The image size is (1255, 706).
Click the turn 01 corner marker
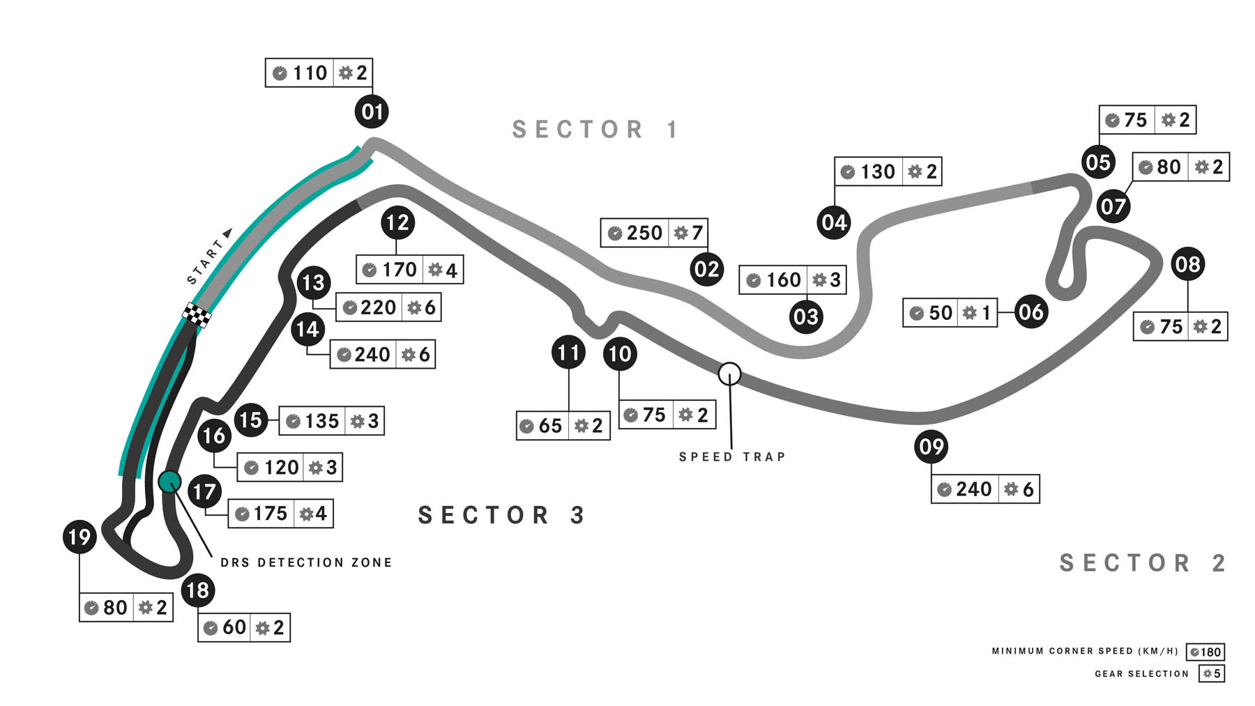(372, 112)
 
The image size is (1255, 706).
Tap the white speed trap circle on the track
(729, 374)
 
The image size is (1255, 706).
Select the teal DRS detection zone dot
(169, 481)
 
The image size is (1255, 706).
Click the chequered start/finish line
(197, 315)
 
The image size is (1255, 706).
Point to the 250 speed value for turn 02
(644, 233)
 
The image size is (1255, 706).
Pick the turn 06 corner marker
(1030, 312)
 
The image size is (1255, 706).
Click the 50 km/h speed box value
(940, 313)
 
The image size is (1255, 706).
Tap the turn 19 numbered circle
(79, 537)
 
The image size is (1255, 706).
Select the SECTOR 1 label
(595, 130)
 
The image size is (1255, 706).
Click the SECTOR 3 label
(501, 515)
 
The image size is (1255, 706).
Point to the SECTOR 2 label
(1142, 563)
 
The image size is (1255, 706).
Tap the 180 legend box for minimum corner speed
(1205, 652)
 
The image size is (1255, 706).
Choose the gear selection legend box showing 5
(1212, 674)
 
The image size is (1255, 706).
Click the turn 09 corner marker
(931, 446)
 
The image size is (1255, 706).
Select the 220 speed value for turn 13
(377, 307)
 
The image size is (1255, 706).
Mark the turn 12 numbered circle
(397, 223)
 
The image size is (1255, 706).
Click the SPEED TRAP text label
(732, 457)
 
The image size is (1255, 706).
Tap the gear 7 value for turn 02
(696, 233)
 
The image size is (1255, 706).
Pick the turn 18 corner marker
(197, 590)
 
